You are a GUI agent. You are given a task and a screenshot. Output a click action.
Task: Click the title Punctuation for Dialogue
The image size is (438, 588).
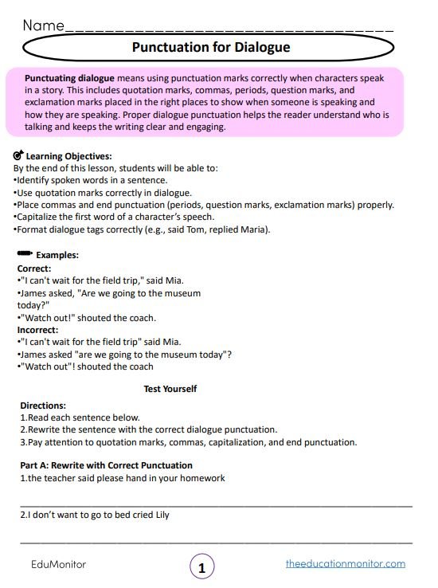[x=210, y=48]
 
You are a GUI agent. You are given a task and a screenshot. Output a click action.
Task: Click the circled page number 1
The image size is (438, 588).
[x=202, y=567]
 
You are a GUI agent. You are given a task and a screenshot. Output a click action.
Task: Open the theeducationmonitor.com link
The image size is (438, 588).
[x=345, y=563]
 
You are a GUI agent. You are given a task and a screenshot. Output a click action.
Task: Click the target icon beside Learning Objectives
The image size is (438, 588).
[x=19, y=155]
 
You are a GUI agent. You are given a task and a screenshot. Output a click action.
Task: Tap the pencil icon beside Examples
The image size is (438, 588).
[x=24, y=254]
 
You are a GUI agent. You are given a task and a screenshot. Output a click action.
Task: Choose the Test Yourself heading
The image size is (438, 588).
[x=170, y=389]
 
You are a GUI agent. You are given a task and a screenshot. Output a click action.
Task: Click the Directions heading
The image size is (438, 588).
[x=43, y=406]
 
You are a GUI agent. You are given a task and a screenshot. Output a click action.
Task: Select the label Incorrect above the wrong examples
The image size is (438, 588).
[x=37, y=329]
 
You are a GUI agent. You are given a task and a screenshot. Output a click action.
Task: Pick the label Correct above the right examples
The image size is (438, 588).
[x=33, y=269]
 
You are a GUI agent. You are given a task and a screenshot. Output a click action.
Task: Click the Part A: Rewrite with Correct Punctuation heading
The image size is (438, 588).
[x=106, y=465]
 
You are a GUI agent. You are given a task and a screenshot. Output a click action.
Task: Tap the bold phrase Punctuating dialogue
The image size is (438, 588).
[x=70, y=80]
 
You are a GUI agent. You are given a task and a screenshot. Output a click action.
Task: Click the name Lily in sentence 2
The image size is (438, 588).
[x=159, y=515]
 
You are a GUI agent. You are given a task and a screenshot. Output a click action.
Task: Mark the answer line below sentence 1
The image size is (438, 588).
[x=216, y=505]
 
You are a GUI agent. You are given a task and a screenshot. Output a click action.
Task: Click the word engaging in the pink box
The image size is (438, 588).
[x=205, y=127]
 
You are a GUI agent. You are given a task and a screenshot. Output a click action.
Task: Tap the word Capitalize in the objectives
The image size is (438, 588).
[x=41, y=217]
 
